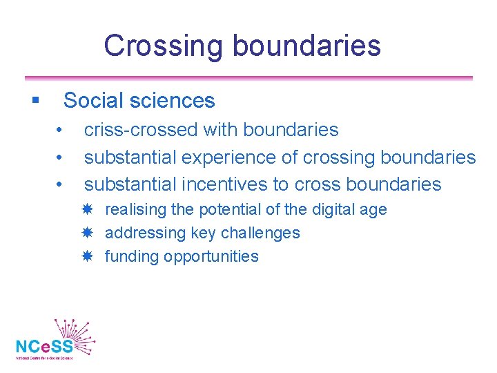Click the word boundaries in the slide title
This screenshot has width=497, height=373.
[x=306, y=46]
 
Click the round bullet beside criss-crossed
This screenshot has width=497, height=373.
[x=61, y=130]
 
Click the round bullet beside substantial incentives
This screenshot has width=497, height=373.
[x=61, y=184]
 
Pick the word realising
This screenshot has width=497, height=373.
[x=135, y=210]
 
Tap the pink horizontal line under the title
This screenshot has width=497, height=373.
[x=248, y=78]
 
